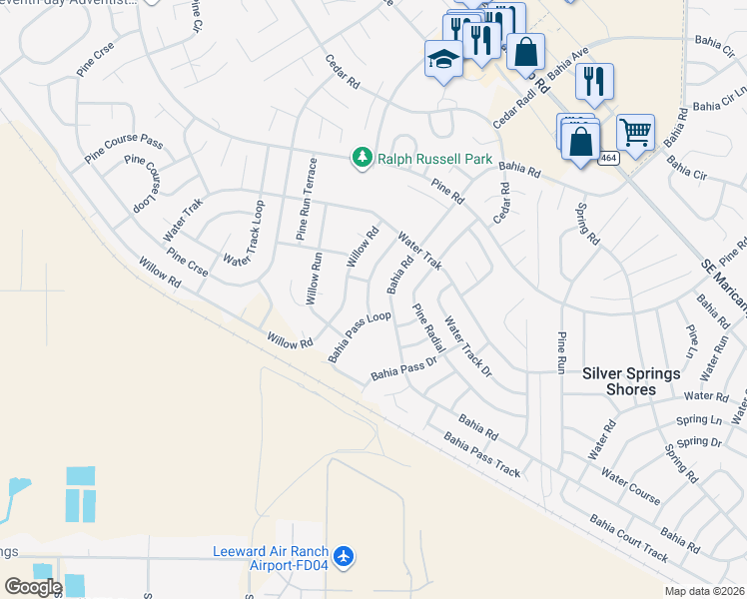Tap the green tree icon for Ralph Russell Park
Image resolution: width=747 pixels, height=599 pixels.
[361, 158]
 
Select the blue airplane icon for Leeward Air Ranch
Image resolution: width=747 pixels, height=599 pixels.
[345, 556]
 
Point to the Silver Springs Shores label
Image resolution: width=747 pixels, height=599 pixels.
[631, 381]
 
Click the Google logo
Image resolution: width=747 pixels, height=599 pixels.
[33, 587]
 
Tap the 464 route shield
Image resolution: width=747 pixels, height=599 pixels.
[608, 158]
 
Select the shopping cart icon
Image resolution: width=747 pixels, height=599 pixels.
[635, 131]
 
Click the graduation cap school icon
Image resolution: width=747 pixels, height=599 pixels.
[442, 60]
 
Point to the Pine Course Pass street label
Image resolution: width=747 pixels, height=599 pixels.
[123, 148]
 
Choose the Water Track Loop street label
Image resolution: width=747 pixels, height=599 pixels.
[245, 234]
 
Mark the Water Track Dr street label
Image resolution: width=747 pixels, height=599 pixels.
[468, 346]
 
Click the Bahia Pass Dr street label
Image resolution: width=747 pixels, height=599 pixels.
[404, 369]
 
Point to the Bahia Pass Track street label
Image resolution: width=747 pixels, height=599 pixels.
[482, 454]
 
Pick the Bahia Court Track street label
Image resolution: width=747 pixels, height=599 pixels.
[628, 536]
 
